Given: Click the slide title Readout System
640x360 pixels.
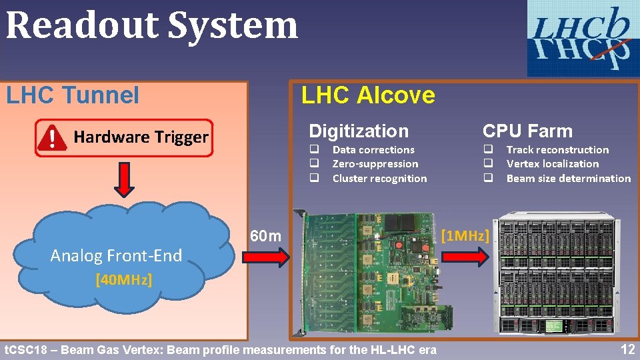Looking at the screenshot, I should point(152,25).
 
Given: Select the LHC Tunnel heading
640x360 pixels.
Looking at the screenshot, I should point(73,95).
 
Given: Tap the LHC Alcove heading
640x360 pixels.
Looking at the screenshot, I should point(368,95).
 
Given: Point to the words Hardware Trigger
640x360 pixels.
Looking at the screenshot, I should point(141,137).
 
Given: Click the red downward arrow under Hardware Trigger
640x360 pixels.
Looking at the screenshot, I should point(124,179).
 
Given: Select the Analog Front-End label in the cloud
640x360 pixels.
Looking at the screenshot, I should point(116,255).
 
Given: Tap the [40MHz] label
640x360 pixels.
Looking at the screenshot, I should point(123,279).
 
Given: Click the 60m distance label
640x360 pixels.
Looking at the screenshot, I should point(265,237).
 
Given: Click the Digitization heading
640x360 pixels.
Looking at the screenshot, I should point(359,131).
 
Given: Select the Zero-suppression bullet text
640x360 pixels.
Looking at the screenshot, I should point(375,164).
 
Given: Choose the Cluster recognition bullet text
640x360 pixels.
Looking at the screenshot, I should point(379,179).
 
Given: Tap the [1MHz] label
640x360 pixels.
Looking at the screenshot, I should point(466,235).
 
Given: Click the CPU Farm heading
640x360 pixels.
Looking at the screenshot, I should point(527,131).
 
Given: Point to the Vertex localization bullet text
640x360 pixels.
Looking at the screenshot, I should point(553,164).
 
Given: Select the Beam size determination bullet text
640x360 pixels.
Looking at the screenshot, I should point(568,179).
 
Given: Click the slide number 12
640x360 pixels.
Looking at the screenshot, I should point(627,349).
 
